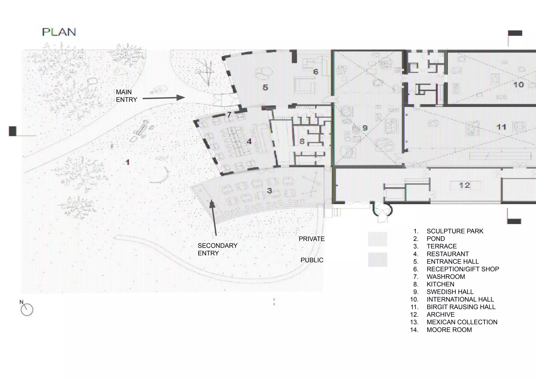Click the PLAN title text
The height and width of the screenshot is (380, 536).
59,32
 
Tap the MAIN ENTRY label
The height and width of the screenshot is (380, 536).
126,96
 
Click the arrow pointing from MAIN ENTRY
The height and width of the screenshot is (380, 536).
164,98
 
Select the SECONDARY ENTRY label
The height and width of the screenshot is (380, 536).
217,249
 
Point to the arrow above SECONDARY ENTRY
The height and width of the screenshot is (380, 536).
214,217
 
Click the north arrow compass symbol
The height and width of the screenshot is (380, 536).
27,309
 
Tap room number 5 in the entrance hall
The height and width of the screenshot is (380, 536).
265,87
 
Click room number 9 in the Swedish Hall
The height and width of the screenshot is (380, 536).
365,128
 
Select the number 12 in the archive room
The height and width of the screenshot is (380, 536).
465,185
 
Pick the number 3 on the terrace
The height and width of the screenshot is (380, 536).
270,191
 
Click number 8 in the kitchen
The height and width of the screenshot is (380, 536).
302,141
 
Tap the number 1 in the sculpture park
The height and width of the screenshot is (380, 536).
127,162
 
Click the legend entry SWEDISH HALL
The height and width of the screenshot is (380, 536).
450,292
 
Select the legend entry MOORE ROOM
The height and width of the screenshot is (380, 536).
449,330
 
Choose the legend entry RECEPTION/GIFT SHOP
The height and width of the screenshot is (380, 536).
463,269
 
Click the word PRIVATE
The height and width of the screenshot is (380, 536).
311,239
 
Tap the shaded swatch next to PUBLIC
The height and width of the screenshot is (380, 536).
377,259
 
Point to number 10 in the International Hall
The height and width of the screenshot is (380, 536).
518,85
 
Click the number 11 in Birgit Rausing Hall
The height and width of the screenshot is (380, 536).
501,127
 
